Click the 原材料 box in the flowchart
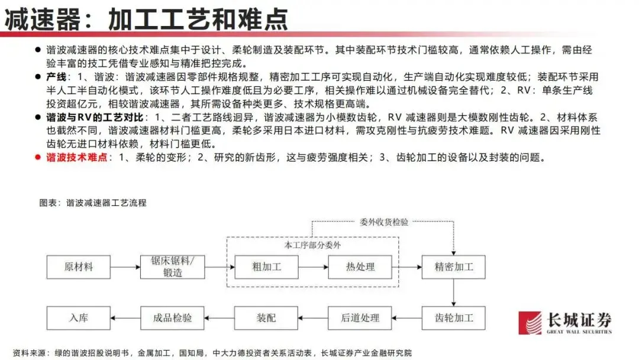point(79,267)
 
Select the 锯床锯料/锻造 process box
point(173,267)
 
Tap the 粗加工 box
point(267,267)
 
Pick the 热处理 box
point(360,267)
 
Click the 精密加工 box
point(454,267)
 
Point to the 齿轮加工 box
point(454,318)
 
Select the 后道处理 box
point(360,318)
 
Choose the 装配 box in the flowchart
point(266,318)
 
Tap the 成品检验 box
point(173,318)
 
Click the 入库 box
point(79,318)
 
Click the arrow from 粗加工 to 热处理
point(314,267)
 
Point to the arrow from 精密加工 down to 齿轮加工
point(454,292)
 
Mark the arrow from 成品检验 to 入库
point(126,318)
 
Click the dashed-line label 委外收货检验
point(383,222)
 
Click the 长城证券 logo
point(565,323)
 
